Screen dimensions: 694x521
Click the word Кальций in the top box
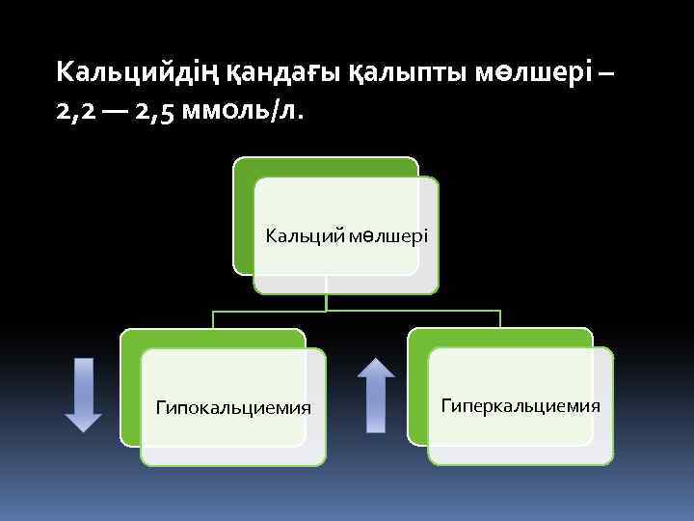click(294, 235)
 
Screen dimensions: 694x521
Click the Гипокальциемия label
click(233, 407)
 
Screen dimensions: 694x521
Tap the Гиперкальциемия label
click(520, 405)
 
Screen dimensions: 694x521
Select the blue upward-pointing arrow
click(376, 396)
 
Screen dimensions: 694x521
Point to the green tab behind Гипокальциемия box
click(131, 386)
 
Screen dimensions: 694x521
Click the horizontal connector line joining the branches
click(405, 312)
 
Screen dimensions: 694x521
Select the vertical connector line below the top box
click(327, 302)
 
